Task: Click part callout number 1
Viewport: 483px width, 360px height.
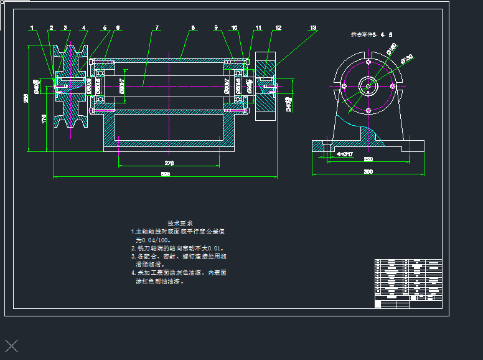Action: [x=32, y=28]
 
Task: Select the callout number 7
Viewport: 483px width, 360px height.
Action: [x=157, y=28]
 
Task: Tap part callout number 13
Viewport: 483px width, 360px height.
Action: [x=313, y=28]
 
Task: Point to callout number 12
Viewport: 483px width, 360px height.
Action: [x=278, y=28]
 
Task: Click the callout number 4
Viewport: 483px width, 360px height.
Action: [x=84, y=28]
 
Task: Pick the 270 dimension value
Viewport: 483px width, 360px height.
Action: [x=169, y=163]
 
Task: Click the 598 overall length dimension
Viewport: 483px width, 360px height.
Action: [x=166, y=174]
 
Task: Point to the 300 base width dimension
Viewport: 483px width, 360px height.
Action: [x=368, y=171]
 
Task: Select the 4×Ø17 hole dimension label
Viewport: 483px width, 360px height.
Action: [x=344, y=153]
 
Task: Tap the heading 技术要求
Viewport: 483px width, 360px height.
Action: [x=181, y=223]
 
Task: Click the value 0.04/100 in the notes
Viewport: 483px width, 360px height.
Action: [x=152, y=239]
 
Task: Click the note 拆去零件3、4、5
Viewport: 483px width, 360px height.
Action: [x=367, y=36]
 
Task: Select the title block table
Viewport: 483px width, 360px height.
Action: [x=408, y=283]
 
